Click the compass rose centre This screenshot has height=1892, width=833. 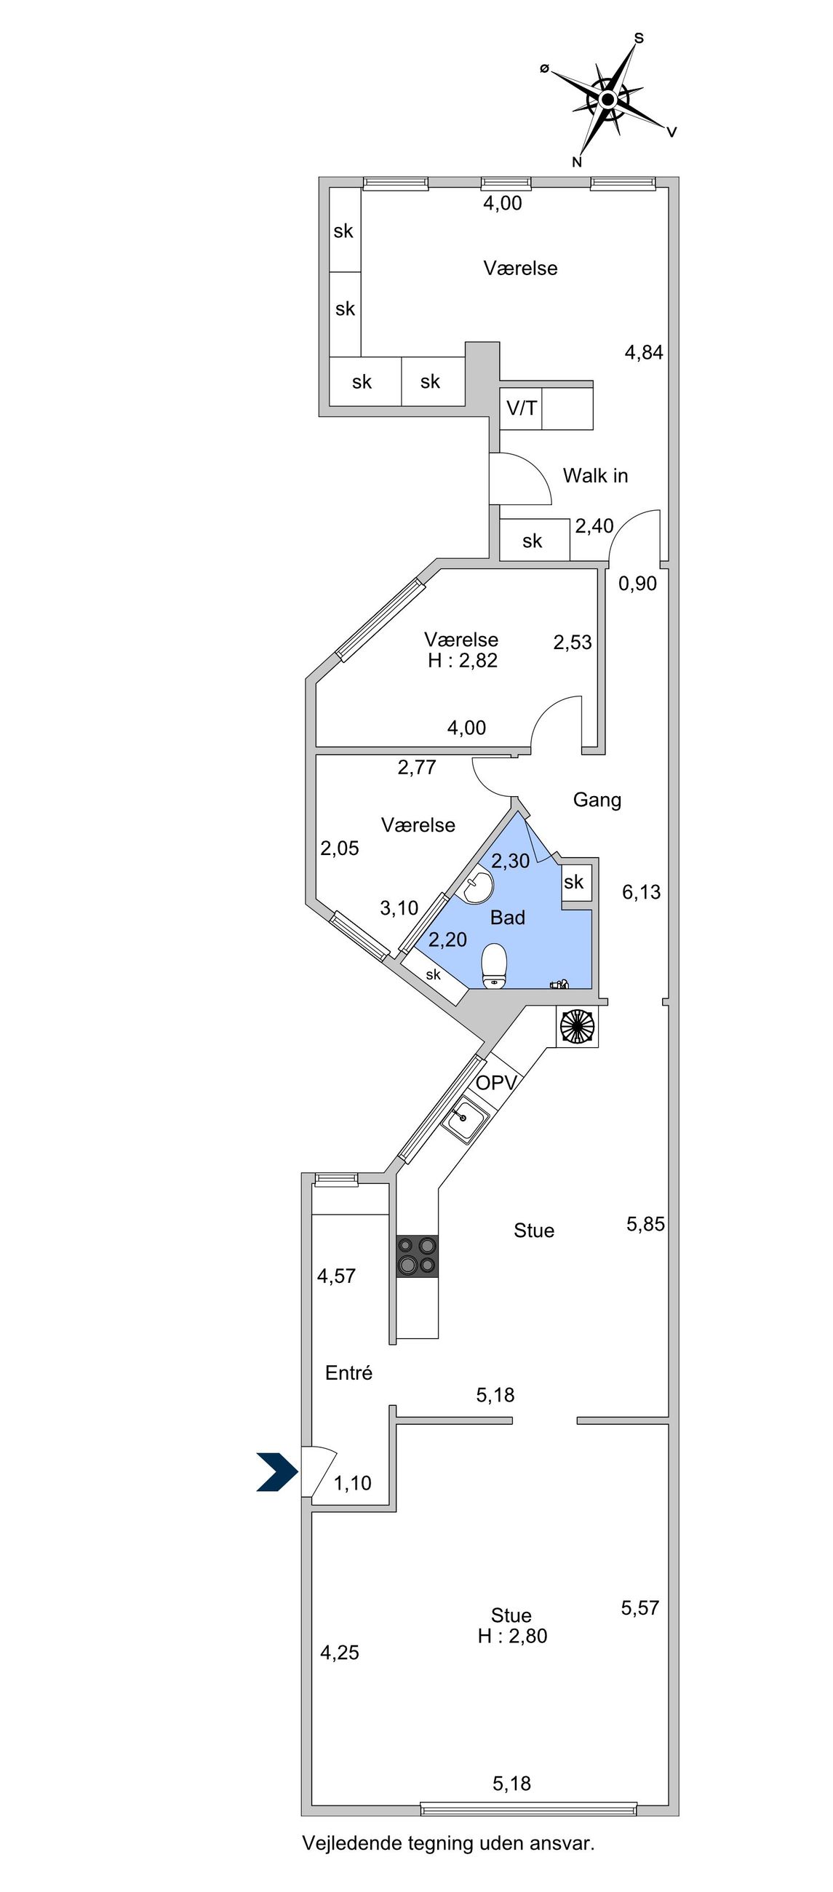point(607,99)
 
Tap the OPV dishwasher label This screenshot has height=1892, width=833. point(497,1082)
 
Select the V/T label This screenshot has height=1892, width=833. point(522,408)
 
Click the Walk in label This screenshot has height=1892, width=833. point(595,475)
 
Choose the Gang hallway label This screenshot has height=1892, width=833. point(597,800)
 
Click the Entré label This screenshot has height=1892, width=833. point(349,1372)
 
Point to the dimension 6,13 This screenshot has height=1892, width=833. point(641,891)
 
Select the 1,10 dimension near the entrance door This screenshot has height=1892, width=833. point(353,1483)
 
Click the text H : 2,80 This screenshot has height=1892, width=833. point(513,1636)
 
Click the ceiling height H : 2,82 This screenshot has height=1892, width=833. point(463,660)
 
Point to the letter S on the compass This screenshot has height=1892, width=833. point(639,37)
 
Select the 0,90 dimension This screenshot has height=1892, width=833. point(637,583)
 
